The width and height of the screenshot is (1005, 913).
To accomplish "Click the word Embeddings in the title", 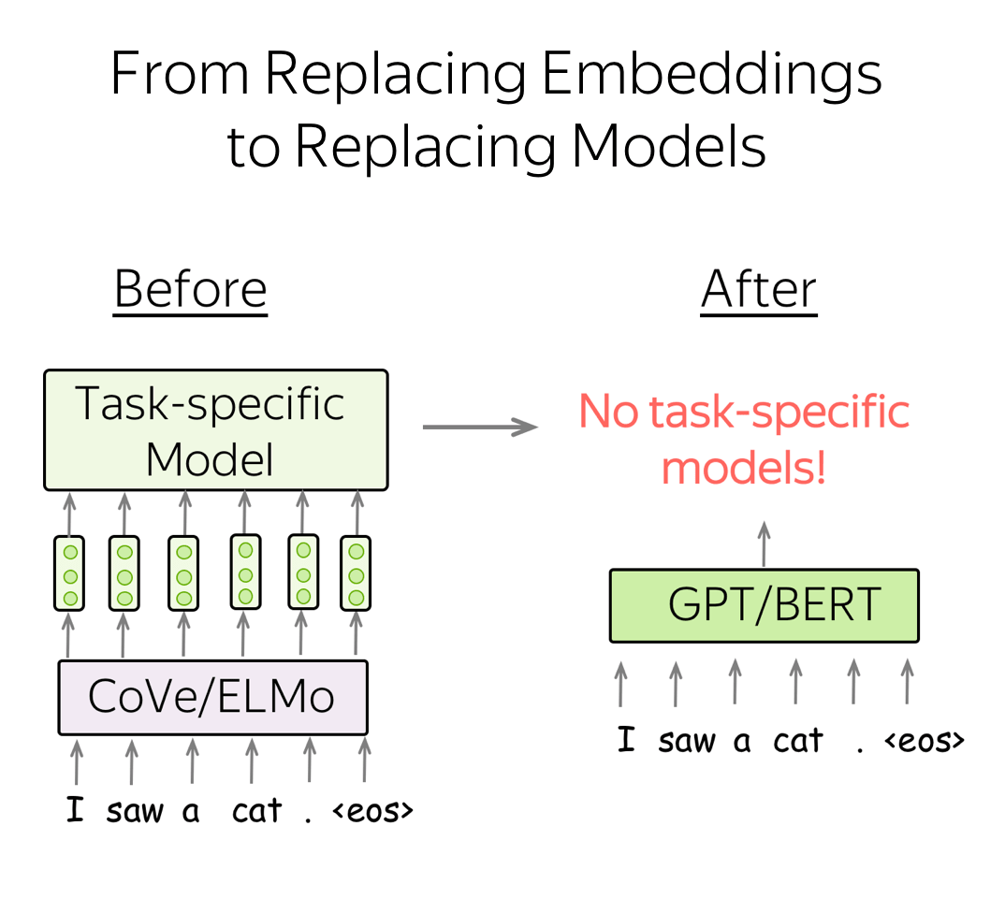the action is click(x=712, y=76).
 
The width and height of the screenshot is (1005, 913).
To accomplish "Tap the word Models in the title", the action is click(x=668, y=146).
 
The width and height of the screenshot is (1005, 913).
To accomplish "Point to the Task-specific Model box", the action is click(x=216, y=430).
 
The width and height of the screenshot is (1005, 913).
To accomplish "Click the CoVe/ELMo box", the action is click(x=212, y=697).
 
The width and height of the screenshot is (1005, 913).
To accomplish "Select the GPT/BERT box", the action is click(x=764, y=605).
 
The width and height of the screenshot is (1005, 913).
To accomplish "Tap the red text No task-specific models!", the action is click(x=744, y=439).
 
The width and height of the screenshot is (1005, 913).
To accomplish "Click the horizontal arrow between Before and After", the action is click(x=480, y=427).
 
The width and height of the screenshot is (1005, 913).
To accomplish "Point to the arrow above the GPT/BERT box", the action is click(x=764, y=543).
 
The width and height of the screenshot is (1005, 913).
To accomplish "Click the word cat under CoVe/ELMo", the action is click(x=256, y=811).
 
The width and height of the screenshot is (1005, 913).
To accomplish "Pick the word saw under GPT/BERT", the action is click(x=686, y=742).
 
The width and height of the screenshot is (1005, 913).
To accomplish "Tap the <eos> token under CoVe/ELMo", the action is click(x=372, y=812).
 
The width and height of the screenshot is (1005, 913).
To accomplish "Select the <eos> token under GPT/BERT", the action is click(x=925, y=741).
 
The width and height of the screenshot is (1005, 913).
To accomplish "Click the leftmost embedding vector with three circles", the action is click(x=69, y=573).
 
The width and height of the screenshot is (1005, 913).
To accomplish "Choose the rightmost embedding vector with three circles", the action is click(x=356, y=573).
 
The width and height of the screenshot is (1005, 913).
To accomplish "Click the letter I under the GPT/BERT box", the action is click(x=626, y=739).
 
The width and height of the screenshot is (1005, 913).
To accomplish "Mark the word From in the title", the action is click(x=180, y=74).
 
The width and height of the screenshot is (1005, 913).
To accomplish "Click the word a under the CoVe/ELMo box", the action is click(x=190, y=812).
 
